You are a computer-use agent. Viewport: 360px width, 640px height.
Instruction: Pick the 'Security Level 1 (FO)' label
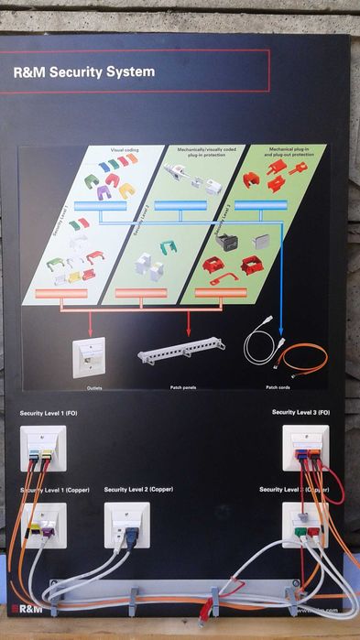[x=55, y=415]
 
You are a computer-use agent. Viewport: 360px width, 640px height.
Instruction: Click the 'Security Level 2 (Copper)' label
[x=138, y=490]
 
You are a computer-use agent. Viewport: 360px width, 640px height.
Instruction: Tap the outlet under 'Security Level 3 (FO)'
[x=304, y=448]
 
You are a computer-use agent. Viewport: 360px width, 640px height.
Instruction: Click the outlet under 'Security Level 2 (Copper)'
[x=126, y=525]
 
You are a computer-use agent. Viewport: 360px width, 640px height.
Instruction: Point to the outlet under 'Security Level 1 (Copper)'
[x=43, y=525]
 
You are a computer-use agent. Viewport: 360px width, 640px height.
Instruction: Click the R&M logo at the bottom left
[x=20, y=608]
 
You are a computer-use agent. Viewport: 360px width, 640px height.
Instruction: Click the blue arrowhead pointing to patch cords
[x=280, y=335]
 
